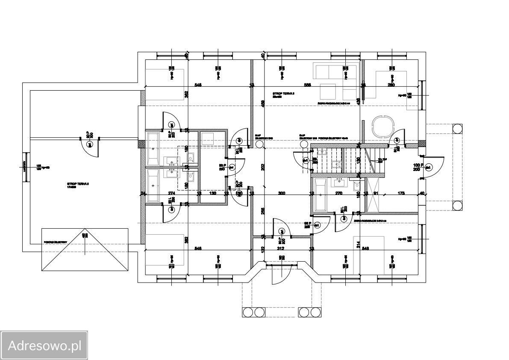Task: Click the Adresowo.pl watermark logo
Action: tap(44, 345)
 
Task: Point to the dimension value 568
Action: tap(307, 85)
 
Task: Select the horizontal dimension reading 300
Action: tap(281, 194)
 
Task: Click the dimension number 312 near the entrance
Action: tap(281, 248)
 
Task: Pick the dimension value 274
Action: tap(172, 194)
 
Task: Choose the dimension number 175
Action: tap(401, 194)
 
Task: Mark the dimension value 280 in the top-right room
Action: tap(391, 85)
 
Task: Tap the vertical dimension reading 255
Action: tap(263, 210)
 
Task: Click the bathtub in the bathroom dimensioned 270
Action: tap(320, 195)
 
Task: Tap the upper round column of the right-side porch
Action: tap(457, 128)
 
